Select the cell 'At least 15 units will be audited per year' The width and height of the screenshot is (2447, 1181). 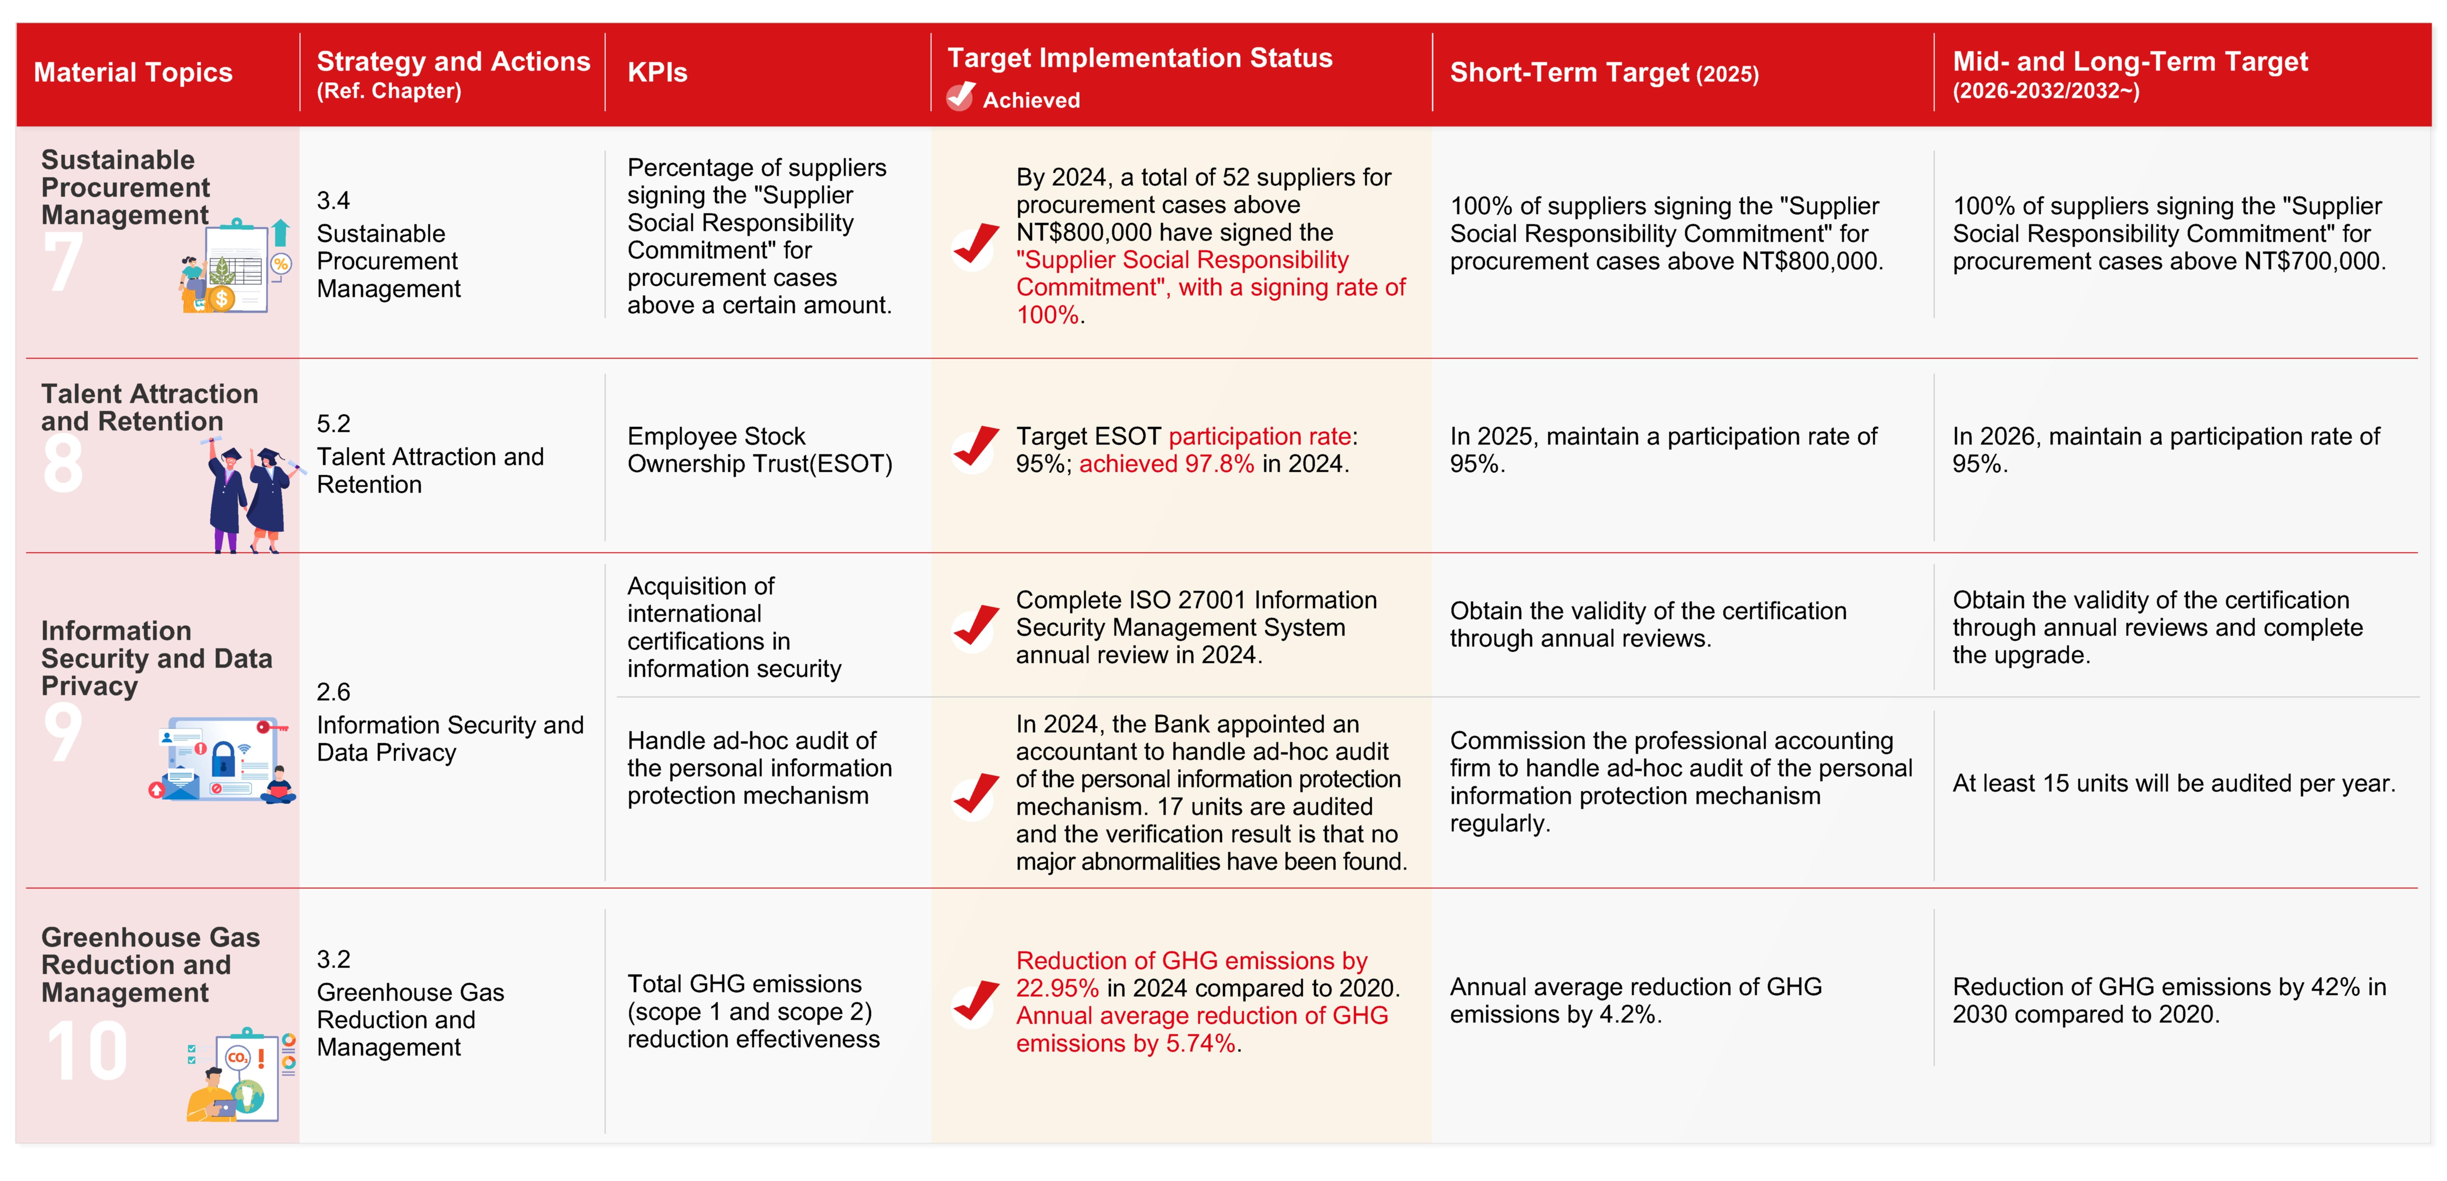[2174, 784]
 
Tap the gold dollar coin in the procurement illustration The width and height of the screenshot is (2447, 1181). [221, 298]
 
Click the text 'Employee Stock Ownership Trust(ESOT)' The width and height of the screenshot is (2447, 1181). [759, 450]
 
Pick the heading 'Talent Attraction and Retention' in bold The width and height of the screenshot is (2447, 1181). [149, 408]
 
